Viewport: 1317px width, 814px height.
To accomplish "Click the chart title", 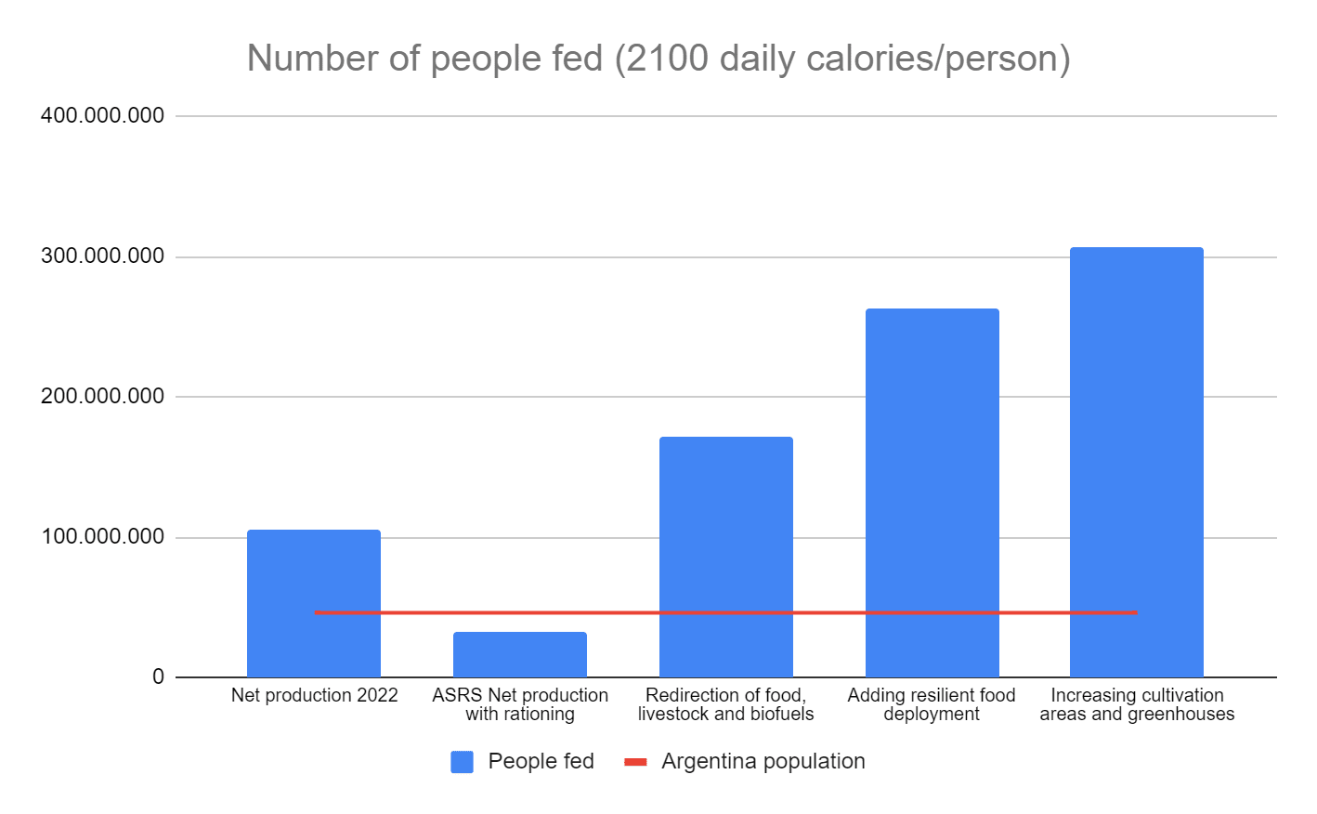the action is [x=658, y=59].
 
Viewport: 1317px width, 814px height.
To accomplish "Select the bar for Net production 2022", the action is [x=314, y=603].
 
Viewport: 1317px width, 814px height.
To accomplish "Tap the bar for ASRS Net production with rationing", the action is [x=520, y=654].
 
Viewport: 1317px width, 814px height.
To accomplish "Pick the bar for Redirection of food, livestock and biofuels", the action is [x=726, y=557].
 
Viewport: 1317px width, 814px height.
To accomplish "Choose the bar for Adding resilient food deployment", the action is [x=932, y=492].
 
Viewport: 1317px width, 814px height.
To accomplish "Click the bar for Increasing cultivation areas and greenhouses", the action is [x=1137, y=462].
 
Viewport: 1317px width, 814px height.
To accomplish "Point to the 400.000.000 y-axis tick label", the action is [x=102, y=115].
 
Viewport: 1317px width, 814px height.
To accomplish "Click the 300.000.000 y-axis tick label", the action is [x=102, y=256].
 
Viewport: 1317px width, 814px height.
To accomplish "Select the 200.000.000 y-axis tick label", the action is [x=102, y=396].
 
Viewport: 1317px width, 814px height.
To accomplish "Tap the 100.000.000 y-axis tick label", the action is [x=102, y=536].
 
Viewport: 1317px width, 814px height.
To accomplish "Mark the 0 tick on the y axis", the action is [x=158, y=676].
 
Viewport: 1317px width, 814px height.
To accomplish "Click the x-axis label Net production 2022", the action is [x=314, y=695].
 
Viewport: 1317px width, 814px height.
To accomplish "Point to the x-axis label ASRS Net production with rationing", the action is [x=520, y=704].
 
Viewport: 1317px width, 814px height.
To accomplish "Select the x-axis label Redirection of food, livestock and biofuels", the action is [x=726, y=704].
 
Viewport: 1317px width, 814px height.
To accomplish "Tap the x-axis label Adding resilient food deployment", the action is [x=932, y=704].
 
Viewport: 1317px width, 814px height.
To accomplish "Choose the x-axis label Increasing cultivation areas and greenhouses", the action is [x=1137, y=704].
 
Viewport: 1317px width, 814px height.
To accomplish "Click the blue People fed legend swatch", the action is [x=463, y=762].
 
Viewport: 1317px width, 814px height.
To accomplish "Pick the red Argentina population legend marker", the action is [x=635, y=762].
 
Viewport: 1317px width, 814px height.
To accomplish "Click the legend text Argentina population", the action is [x=763, y=762].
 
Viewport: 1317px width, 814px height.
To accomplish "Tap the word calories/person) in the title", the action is [x=938, y=59].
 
